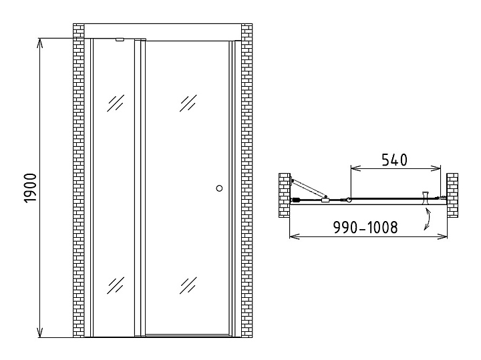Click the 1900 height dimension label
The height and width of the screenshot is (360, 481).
tap(30, 188)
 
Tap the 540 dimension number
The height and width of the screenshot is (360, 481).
tap(395, 160)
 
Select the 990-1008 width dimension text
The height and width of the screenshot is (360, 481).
tap(365, 227)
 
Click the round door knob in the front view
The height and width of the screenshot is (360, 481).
tap(219, 188)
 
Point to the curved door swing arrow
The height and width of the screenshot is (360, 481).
tap(428, 218)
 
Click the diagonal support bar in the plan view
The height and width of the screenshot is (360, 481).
tap(309, 188)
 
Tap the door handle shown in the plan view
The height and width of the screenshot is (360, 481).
tap(426, 198)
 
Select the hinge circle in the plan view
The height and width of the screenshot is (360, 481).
tap(349, 200)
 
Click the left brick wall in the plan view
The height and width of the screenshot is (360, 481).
tap(285, 195)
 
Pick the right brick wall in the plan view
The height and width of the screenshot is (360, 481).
tap(452, 195)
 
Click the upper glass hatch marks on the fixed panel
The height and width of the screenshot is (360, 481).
tap(116, 103)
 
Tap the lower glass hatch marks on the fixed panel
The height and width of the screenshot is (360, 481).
tap(116, 285)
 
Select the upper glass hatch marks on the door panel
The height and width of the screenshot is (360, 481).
tap(188, 103)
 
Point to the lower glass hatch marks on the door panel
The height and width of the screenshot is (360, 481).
tap(188, 285)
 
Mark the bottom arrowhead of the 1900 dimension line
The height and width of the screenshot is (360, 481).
tap(39, 333)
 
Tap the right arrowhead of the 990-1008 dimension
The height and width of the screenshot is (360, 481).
tap(442, 236)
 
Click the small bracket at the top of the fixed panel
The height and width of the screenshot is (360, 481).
tap(120, 39)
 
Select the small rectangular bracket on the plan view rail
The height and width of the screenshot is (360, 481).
tap(325, 200)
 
